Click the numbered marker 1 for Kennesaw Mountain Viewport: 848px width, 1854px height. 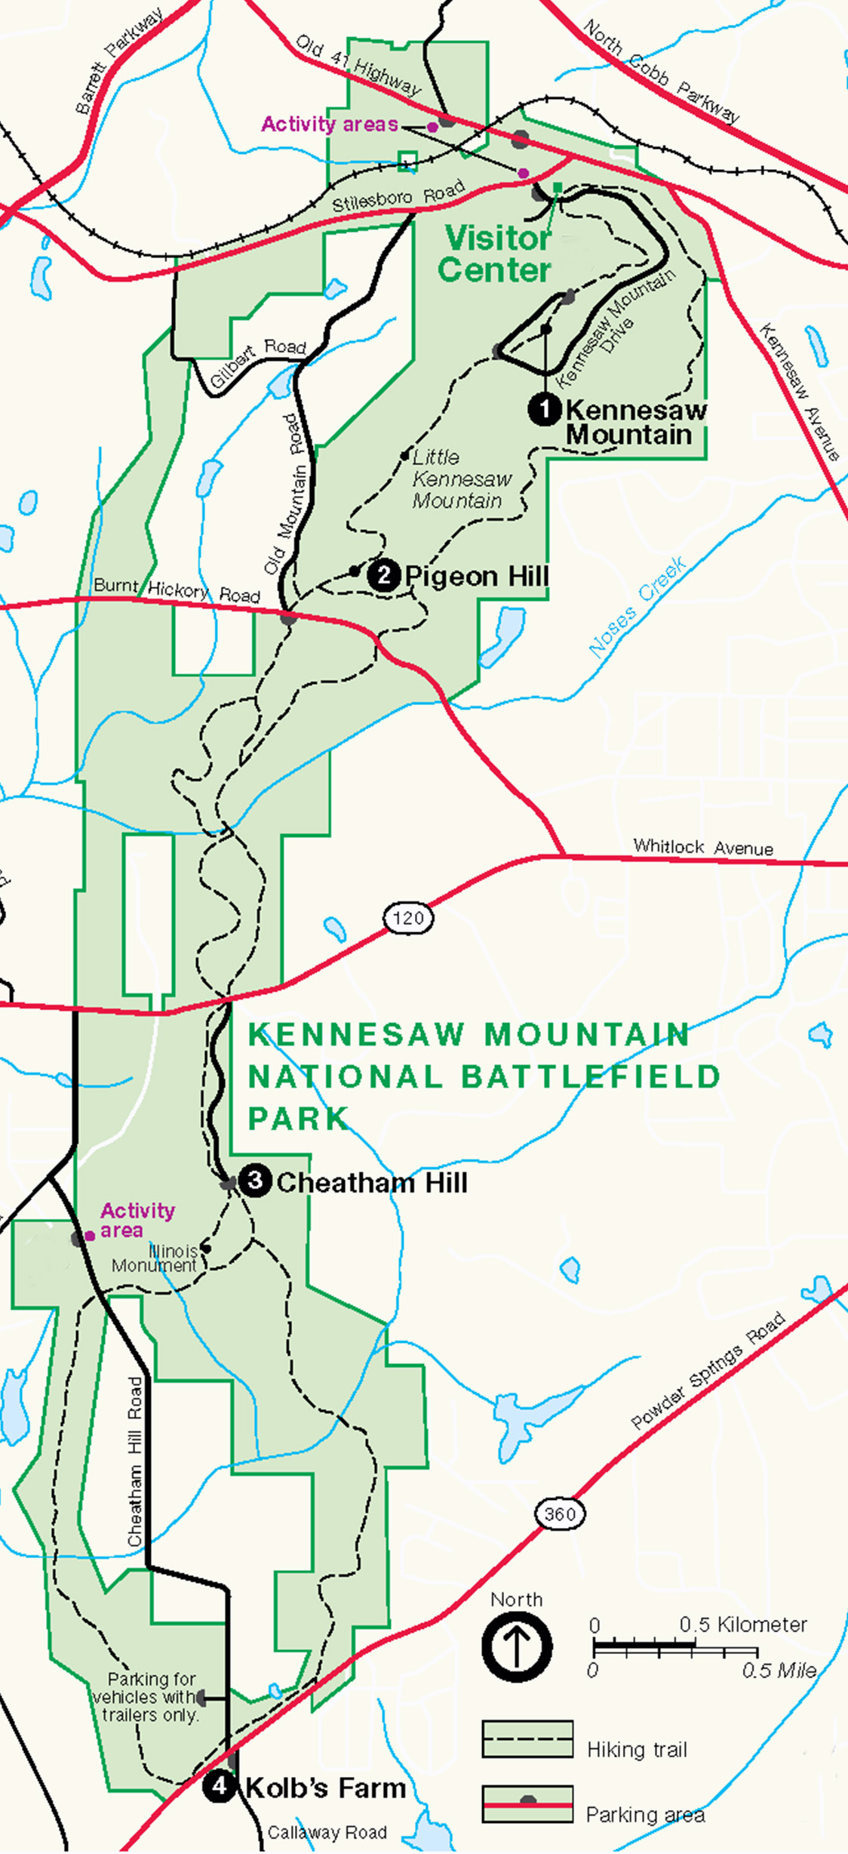[x=544, y=410]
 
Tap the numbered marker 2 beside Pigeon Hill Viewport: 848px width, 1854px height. [x=383, y=576]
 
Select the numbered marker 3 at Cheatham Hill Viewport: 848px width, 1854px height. [x=255, y=1180]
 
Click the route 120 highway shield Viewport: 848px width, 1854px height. [x=408, y=918]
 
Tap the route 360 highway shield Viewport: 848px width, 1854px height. [x=560, y=1514]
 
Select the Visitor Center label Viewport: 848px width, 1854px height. [x=496, y=254]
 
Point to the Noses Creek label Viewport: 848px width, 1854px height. [x=637, y=608]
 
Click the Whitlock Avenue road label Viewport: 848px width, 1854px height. [x=702, y=847]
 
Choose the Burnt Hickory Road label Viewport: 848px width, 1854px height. [x=177, y=590]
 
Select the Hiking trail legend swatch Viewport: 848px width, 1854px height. [x=527, y=1739]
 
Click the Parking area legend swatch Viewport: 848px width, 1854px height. [x=527, y=1804]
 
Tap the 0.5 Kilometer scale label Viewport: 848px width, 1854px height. [x=742, y=1625]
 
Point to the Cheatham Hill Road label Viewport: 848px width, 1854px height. [x=135, y=1461]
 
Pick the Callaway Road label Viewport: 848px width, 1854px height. [x=327, y=1833]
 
